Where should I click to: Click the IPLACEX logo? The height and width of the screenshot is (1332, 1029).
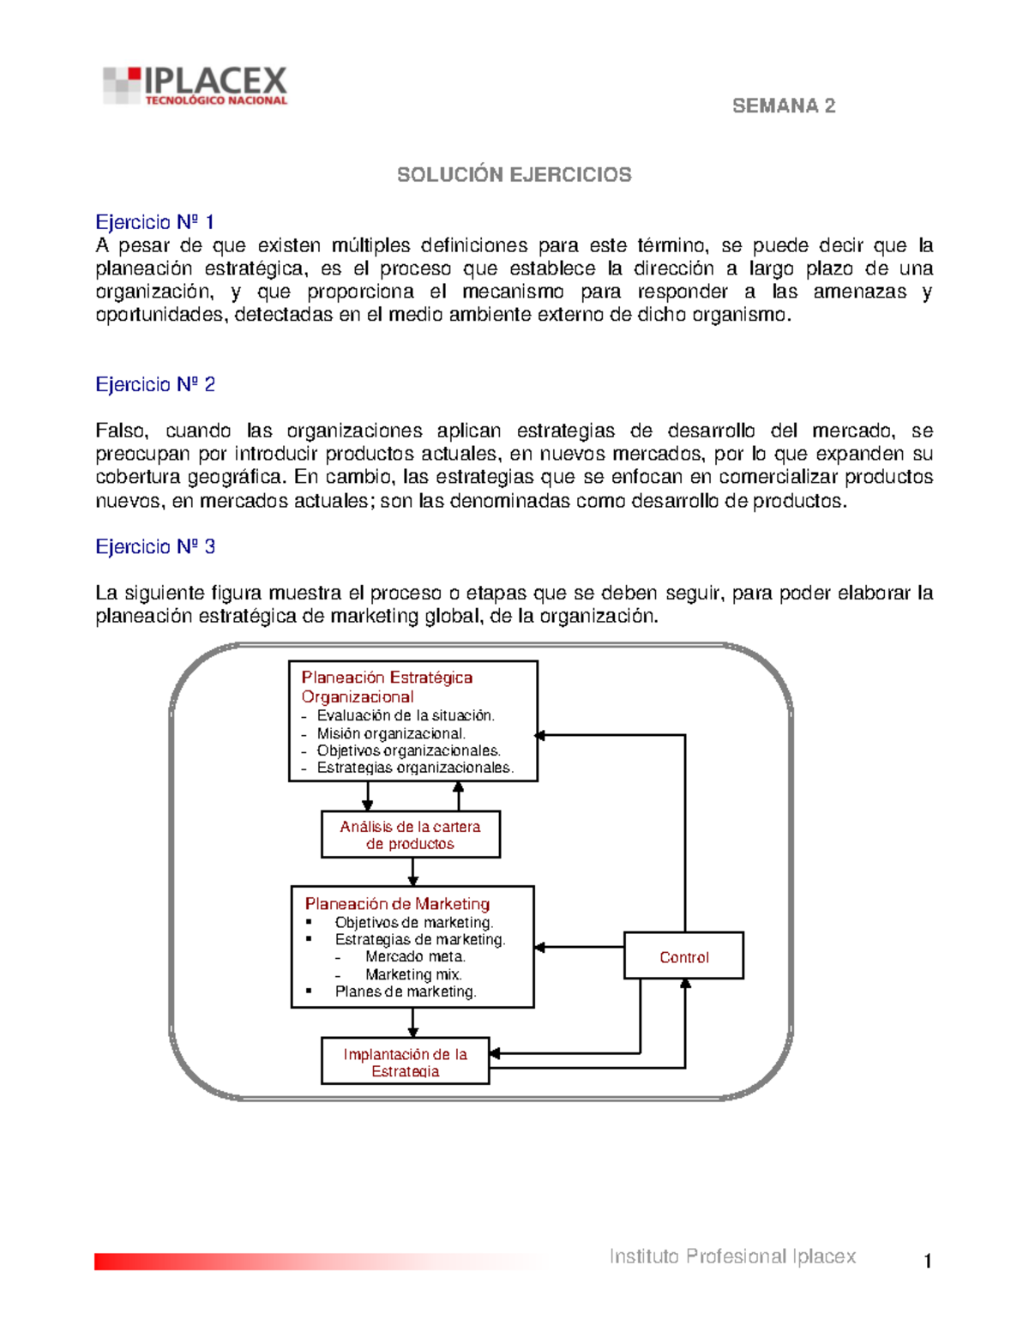[x=196, y=87]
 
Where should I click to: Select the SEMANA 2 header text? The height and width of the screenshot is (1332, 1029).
[x=783, y=105]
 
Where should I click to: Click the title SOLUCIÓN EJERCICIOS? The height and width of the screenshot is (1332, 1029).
[x=514, y=175]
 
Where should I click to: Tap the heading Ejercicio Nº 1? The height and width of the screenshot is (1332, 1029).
[x=155, y=222]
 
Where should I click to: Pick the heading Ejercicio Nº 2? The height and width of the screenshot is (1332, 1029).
[x=155, y=384]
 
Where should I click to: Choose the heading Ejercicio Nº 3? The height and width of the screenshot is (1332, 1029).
[x=155, y=546]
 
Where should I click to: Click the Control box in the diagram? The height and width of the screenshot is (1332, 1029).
[x=683, y=957]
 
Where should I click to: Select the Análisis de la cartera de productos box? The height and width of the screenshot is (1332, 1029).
[x=410, y=835]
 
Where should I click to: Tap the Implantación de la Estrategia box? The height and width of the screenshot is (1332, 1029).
[x=405, y=1062]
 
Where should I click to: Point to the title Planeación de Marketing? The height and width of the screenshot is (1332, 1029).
[x=397, y=903]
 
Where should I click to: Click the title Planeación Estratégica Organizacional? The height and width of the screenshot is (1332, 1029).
[x=386, y=687]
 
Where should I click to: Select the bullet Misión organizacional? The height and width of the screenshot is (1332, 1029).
[x=390, y=733]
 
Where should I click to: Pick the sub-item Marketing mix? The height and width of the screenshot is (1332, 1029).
[x=413, y=974]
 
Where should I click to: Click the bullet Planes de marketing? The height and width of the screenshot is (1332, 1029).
[x=405, y=991]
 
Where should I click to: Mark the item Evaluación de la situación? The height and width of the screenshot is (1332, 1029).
[x=405, y=715]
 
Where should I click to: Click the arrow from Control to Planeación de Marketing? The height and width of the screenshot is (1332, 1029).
[x=579, y=947]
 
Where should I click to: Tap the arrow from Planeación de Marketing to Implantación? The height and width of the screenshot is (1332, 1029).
[x=412, y=1022]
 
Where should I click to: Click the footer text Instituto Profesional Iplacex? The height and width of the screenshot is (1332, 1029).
[x=732, y=1257]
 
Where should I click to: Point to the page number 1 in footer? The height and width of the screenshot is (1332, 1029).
[x=927, y=1261]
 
